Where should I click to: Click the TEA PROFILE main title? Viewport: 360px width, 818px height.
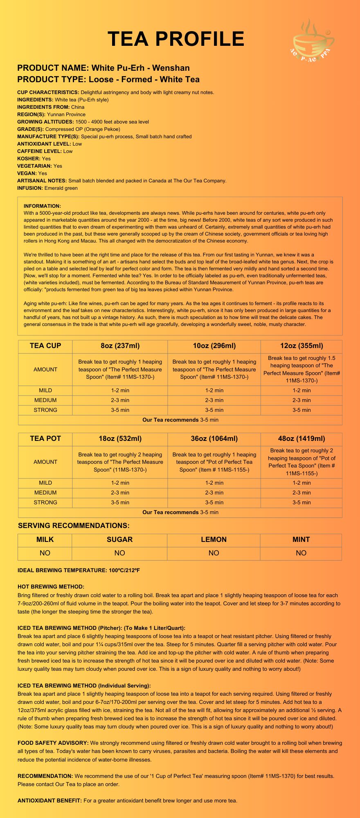coord(176,39)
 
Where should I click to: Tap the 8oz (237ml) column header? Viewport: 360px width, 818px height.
coord(120,346)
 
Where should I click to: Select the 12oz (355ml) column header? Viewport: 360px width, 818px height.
coord(301,346)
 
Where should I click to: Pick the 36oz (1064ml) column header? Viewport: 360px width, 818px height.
coord(214,439)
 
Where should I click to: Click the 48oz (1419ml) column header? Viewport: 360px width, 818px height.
coord(301,439)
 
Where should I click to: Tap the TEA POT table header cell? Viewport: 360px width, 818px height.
coord(45,439)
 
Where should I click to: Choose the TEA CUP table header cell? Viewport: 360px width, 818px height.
coord(45,346)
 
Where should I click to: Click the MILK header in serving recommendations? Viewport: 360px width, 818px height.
coord(45,539)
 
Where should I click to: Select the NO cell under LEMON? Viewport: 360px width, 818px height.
coord(214,553)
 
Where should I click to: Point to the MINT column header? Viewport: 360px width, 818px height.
coord(301,539)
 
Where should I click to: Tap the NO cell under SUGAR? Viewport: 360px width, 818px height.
coord(119,553)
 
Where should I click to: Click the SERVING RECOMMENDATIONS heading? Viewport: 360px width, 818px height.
coord(74,526)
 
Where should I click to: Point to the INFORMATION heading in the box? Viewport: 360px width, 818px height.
coord(42,206)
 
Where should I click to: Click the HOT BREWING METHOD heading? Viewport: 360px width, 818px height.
coord(51,587)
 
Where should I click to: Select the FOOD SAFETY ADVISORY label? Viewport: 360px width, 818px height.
coord(53,743)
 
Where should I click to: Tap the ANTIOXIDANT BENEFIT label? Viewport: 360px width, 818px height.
coord(49,800)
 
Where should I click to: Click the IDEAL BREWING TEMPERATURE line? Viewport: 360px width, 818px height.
coord(79,570)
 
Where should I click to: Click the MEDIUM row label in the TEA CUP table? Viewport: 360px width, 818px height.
coord(45,400)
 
